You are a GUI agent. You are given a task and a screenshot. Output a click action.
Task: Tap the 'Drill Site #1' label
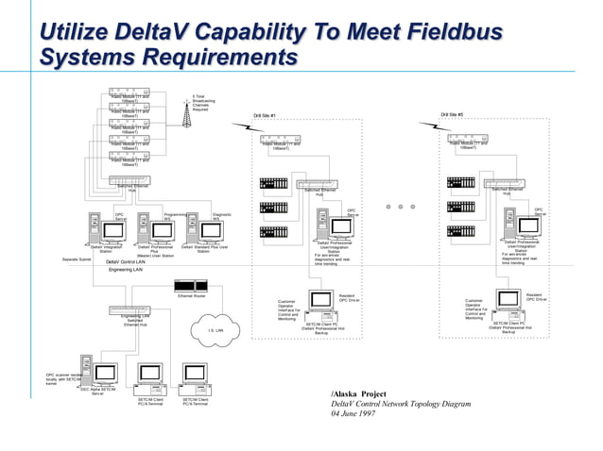point(264,116)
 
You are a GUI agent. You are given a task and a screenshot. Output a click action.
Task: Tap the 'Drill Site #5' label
point(452,115)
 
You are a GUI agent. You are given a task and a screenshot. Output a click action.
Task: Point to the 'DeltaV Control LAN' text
point(126,260)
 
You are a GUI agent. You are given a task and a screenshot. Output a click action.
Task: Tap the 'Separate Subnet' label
point(77,259)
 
